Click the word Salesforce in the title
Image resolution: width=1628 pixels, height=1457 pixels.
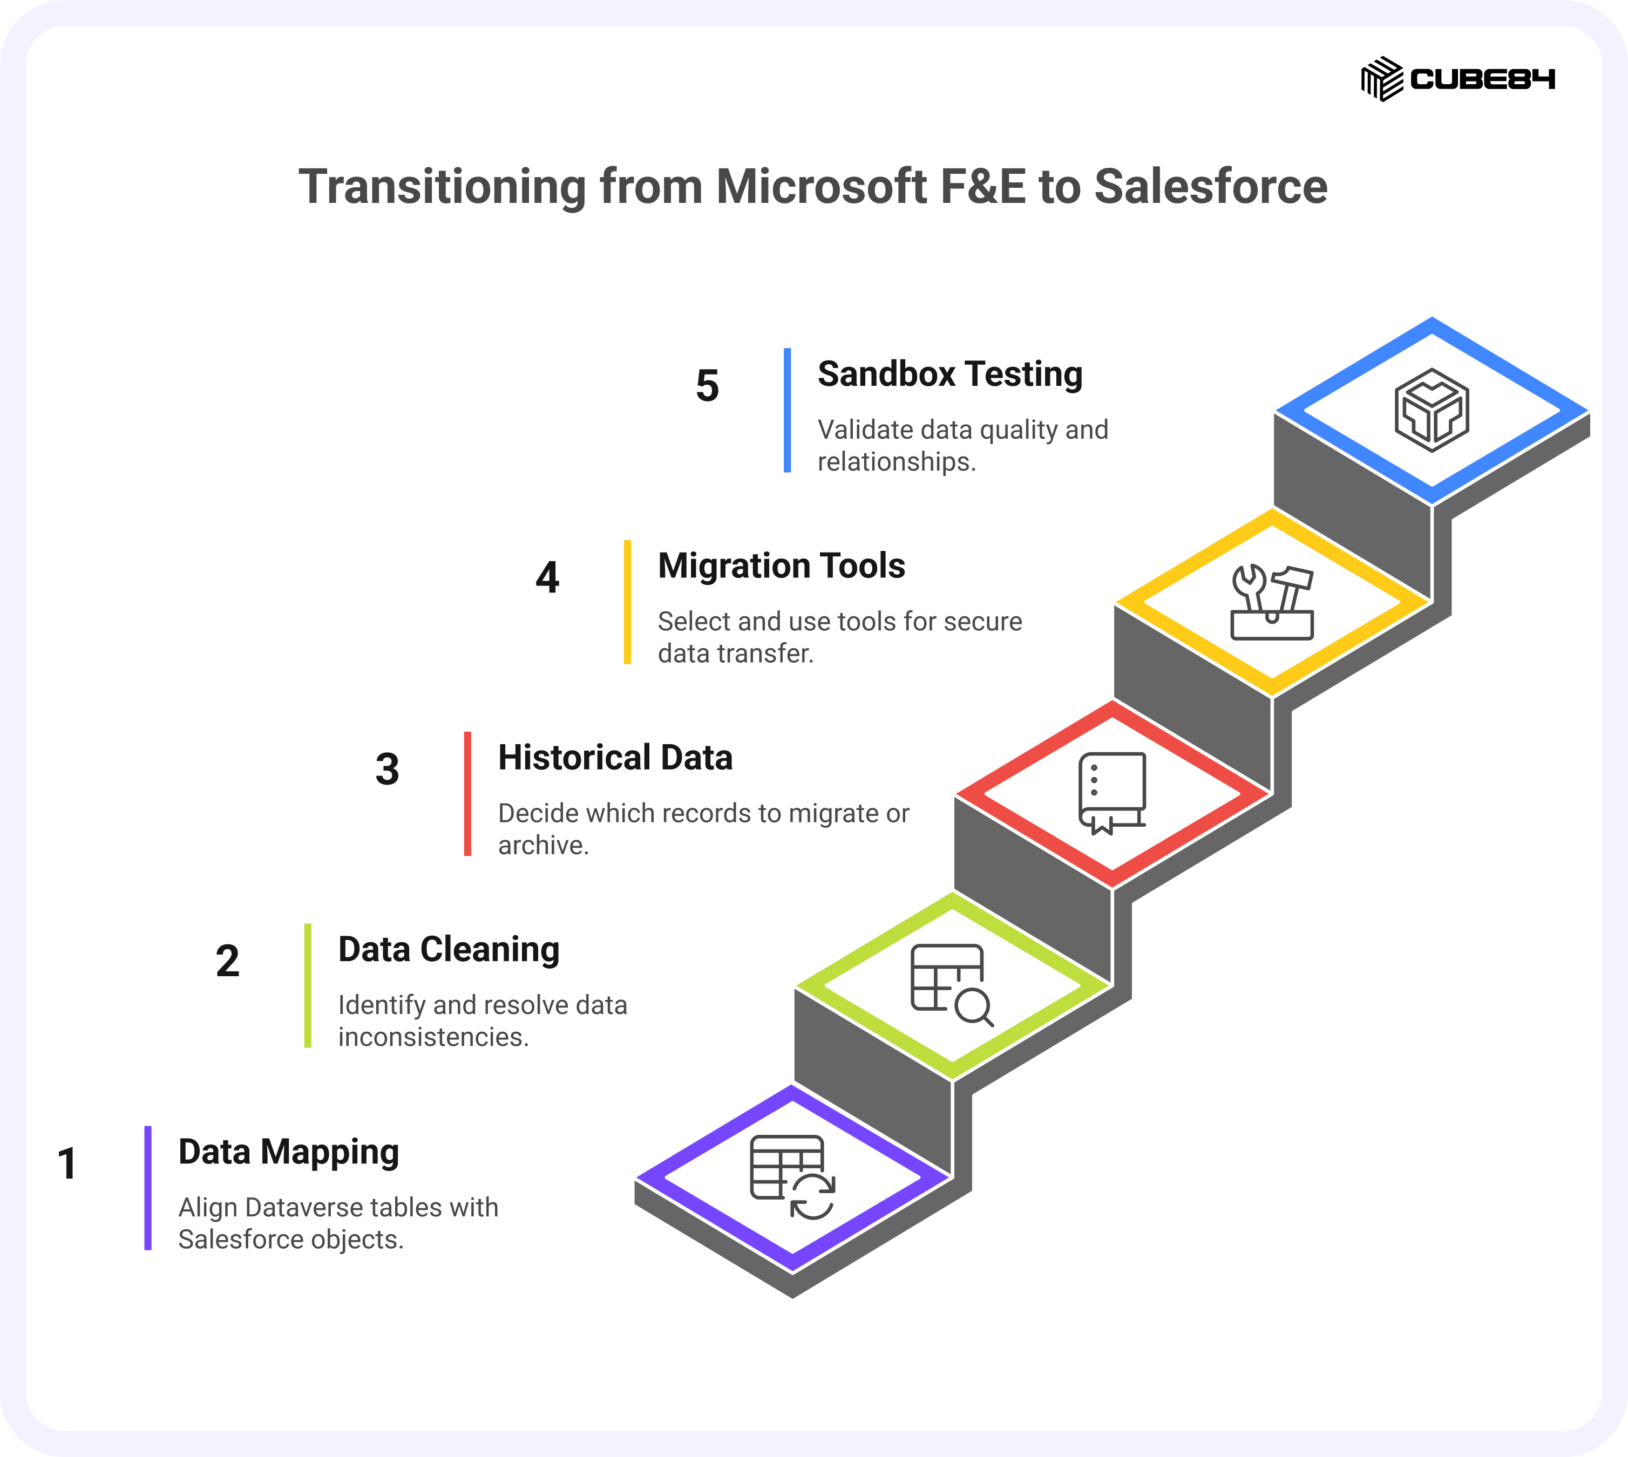1211,187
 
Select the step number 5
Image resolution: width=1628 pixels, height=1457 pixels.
707,386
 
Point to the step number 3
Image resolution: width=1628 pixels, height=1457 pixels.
388,770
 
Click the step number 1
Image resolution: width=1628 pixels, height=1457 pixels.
67,1164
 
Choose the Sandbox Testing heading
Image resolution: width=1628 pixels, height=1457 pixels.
949,375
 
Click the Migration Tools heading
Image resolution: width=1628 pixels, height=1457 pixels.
782,566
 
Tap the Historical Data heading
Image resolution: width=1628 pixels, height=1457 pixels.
615,757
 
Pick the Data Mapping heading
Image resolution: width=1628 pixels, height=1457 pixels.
288,1153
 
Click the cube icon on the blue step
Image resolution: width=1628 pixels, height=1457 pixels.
1432,410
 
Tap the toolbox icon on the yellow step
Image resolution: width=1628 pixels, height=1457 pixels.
1272,602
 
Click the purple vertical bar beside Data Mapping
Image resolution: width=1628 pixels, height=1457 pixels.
148,1188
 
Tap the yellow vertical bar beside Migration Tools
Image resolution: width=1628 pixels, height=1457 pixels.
628,602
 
